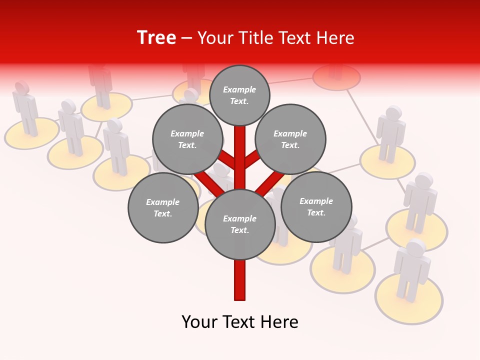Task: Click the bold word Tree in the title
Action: tap(156, 37)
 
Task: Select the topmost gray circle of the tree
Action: tap(239, 95)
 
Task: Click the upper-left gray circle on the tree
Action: tap(187, 139)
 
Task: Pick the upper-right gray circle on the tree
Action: tap(290, 139)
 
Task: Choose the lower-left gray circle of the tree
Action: tap(163, 207)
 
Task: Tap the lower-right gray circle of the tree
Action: tap(316, 206)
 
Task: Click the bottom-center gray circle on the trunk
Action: tap(240, 224)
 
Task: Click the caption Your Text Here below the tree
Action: tap(240, 322)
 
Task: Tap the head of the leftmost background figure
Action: tap(21, 87)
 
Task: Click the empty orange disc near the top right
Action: tap(336, 77)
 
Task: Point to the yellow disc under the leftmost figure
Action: tap(31, 133)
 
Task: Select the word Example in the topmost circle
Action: tap(239, 89)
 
